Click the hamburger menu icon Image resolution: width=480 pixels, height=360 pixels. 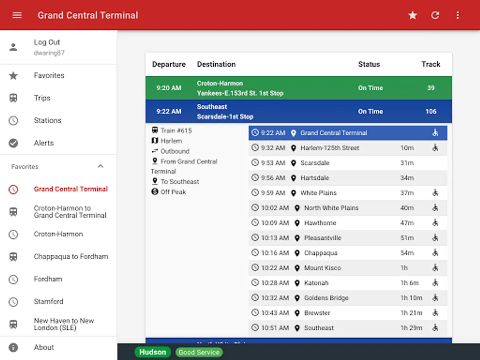tap(17, 15)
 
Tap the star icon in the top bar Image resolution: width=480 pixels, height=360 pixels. tap(412, 15)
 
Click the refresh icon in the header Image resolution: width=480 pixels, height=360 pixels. tap(435, 15)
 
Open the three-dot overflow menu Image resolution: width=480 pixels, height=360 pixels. tap(458, 15)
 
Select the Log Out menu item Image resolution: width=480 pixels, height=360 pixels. tap(47, 42)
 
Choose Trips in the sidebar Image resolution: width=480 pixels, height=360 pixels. tap(42, 98)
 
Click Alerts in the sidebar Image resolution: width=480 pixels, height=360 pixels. tap(44, 143)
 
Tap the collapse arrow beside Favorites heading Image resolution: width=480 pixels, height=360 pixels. tap(100, 166)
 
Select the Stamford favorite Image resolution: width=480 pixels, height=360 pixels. tap(48, 301)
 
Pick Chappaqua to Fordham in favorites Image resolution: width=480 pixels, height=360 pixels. tap(71, 256)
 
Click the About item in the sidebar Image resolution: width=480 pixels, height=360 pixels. tap(44, 347)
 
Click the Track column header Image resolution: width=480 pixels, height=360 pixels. tap(430, 64)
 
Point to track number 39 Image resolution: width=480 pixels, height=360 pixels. tap(430, 88)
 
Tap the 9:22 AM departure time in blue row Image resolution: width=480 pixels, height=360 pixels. tap(169, 112)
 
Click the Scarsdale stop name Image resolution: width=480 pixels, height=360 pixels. tap(315, 163)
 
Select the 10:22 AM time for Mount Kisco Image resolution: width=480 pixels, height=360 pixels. tap(275, 268)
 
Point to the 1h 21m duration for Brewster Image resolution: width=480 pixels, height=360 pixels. tap(411, 313)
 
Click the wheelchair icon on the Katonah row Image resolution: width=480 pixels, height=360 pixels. tap(435, 283)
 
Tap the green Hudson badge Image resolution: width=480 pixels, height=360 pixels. tap(152, 352)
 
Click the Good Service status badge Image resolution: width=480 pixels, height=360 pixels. tap(199, 352)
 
